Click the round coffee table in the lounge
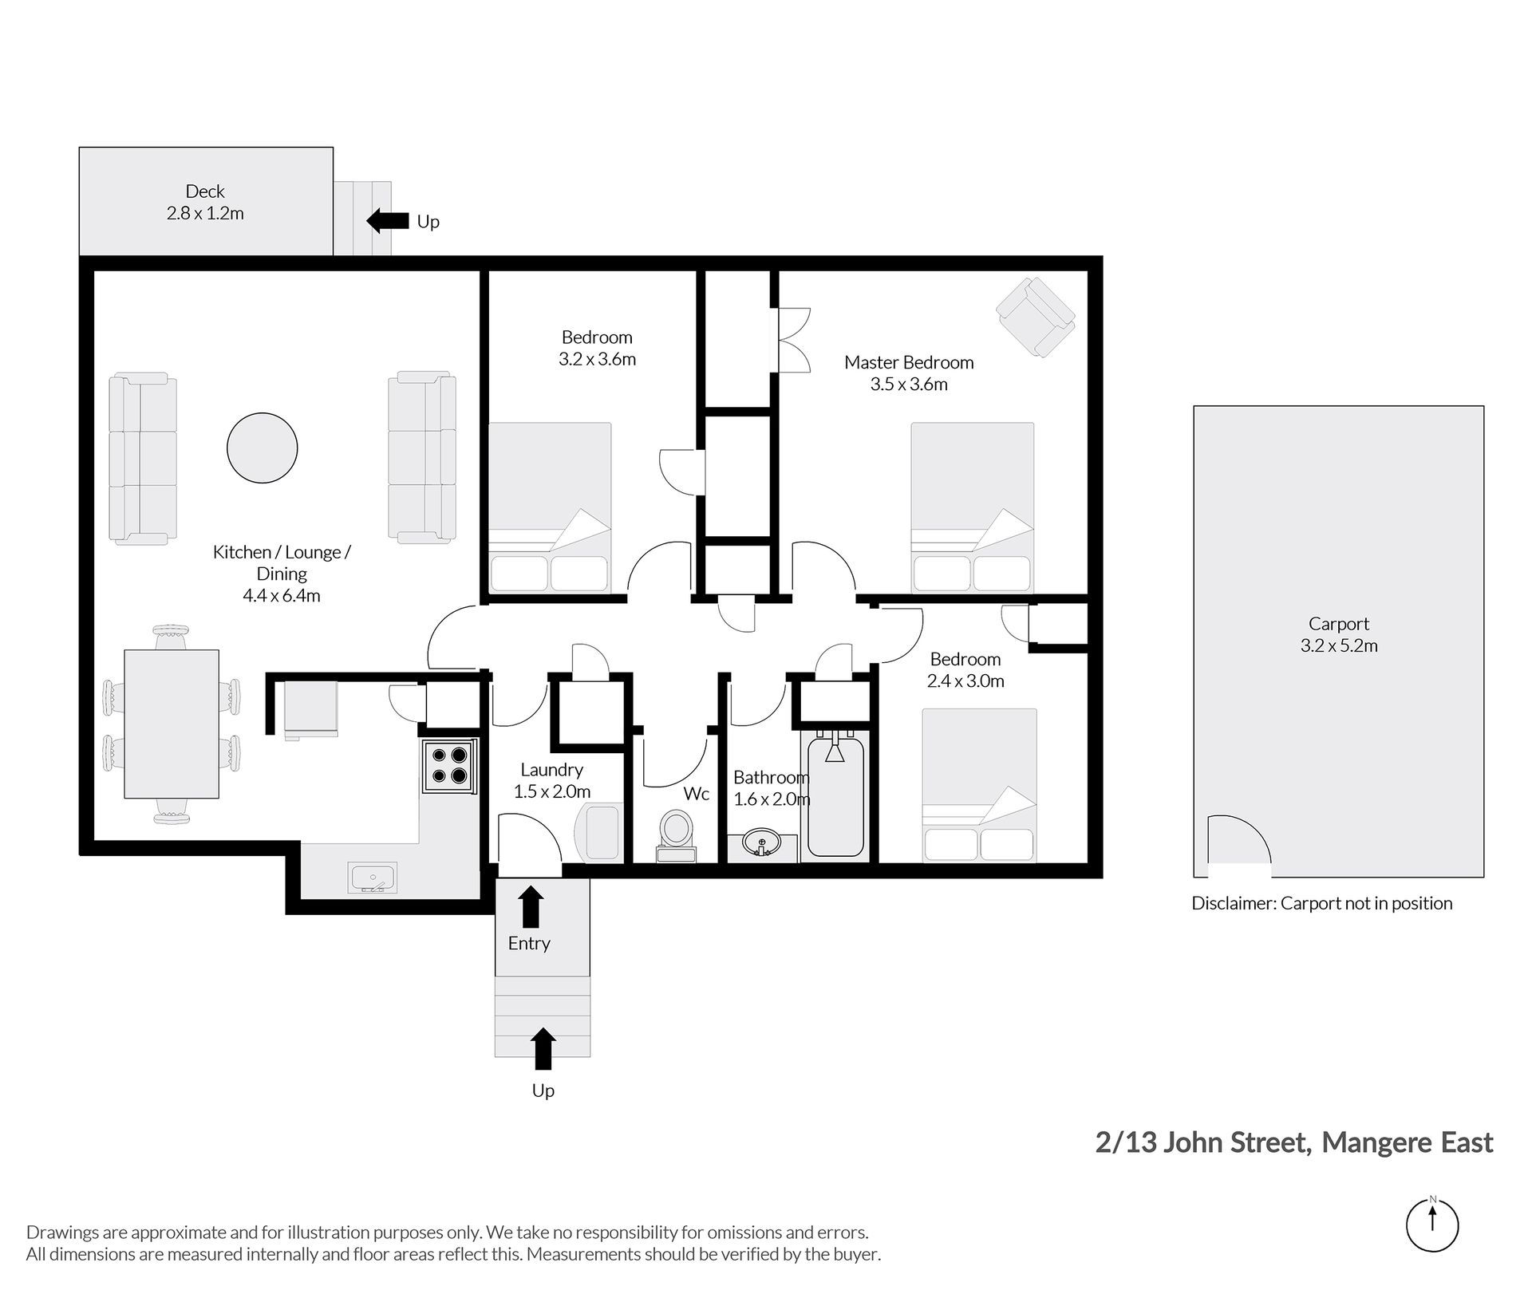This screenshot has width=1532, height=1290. (262, 448)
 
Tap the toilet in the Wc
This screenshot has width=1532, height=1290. (676, 834)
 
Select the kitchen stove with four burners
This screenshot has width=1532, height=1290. (449, 765)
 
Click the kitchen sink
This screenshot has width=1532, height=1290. (373, 878)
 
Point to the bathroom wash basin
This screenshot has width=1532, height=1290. (762, 842)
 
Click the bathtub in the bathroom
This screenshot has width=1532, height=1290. (835, 797)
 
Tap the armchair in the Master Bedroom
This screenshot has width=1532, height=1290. (1035, 317)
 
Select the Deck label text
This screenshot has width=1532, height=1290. (205, 191)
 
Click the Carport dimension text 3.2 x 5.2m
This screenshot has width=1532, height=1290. (1339, 645)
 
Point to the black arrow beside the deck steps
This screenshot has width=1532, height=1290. (387, 220)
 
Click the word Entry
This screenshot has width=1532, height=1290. (529, 943)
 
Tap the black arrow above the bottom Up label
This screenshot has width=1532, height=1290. (543, 1048)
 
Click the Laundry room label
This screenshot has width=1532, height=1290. (551, 770)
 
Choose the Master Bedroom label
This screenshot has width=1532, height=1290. (909, 362)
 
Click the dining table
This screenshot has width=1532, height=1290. (172, 724)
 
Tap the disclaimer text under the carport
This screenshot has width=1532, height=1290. (1321, 903)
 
